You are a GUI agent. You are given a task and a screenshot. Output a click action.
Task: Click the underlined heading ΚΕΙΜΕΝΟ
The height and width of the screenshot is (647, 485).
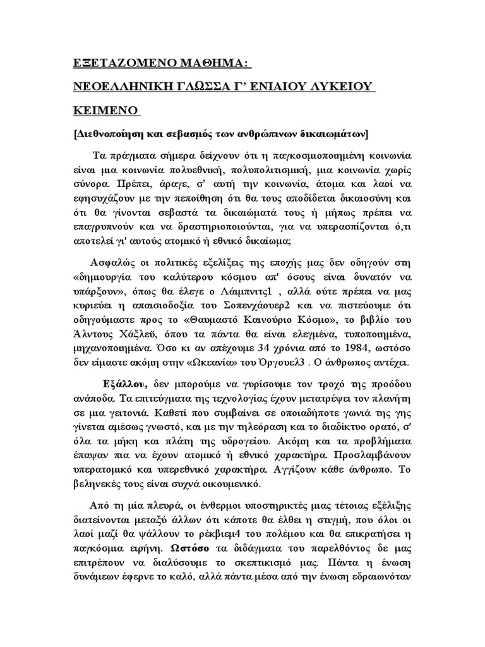click(102, 111)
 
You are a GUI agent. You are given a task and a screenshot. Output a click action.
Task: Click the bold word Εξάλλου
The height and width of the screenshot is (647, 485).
click(125, 385)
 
